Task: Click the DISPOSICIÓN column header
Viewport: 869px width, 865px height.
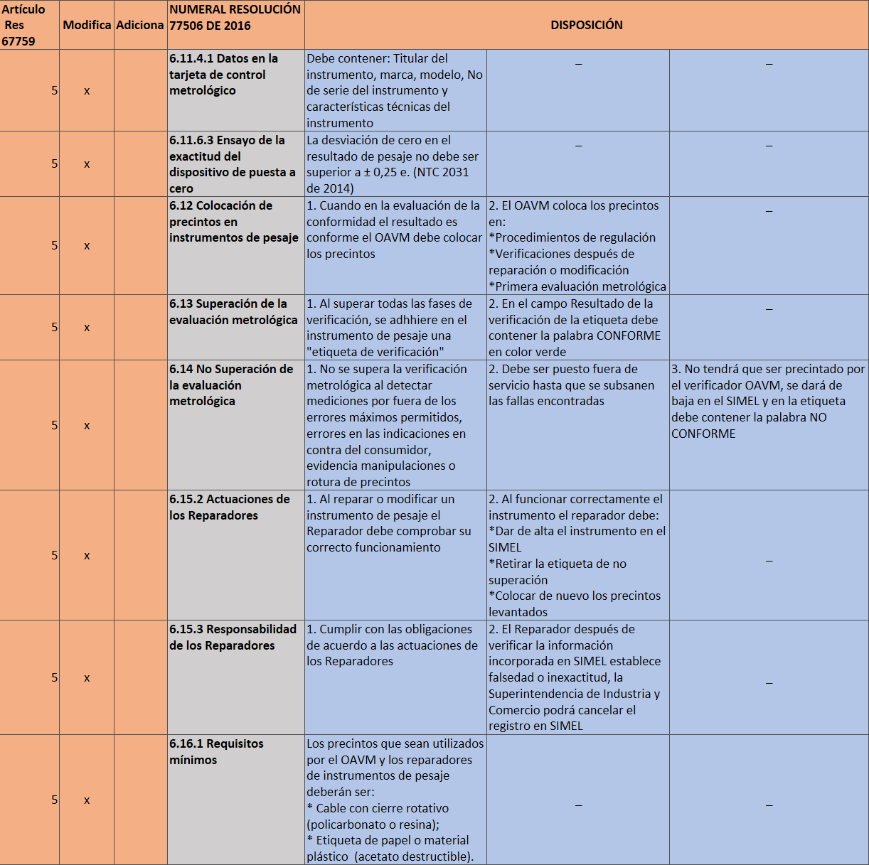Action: pos(586,25)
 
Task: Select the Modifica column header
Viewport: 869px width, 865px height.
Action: pos(87,25)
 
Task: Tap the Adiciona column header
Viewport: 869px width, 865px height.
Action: pos(140,25)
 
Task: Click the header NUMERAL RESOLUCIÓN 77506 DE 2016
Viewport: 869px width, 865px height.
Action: pos(235,18)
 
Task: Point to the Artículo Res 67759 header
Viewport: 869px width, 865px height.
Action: pos(23,25)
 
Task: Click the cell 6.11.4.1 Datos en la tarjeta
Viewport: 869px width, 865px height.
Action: pos(223,75)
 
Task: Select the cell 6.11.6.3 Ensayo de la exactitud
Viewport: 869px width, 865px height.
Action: pos(232,164)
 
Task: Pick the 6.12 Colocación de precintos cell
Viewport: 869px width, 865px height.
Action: pos(233,222)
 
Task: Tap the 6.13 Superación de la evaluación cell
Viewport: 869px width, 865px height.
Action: pos(233,312)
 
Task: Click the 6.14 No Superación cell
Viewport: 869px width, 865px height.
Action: pos(230,385)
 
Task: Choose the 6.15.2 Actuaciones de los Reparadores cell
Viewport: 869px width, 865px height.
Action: pos(229,507)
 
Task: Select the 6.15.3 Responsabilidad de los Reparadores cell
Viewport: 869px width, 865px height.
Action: pos(233,638)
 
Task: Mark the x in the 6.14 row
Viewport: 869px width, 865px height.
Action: pos(87,426)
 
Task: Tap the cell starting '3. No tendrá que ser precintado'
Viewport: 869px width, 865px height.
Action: pos(768,402)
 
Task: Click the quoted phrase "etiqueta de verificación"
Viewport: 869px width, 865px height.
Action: pos(375,352)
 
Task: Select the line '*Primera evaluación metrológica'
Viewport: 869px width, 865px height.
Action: pos(577,286)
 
